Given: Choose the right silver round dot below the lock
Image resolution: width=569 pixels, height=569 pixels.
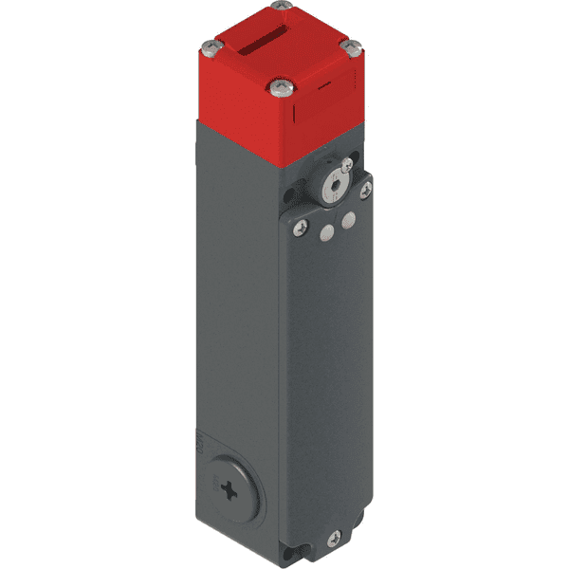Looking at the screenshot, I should coord(348,220).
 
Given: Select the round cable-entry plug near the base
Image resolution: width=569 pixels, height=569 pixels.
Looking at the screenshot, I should coord(231,489).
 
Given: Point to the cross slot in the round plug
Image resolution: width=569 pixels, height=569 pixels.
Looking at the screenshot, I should coord(231,490).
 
